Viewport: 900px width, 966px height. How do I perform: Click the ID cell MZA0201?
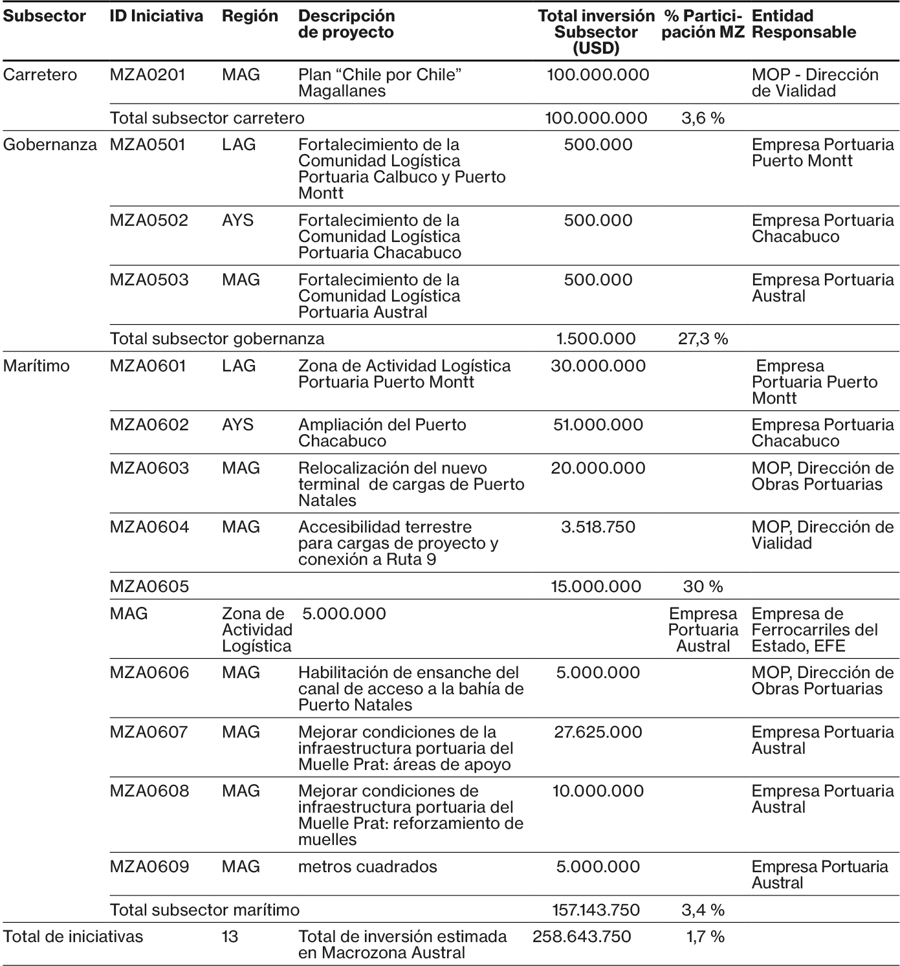[x=148, y=75]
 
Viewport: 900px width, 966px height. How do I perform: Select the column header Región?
[x=250, y=16]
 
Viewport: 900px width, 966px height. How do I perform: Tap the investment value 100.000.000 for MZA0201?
[x=598, y=75]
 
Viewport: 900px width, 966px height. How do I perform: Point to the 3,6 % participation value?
[x=703, y=118]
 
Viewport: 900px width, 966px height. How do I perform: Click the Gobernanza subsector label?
[x=50, y=145]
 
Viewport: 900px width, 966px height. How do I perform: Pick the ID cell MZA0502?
[x=149, y=221]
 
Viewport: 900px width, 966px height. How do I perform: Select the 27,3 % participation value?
[x=703, y=338]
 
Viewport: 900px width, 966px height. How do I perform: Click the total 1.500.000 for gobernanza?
[x=596, y=338]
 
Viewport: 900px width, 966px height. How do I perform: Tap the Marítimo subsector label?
[x=36, y=366]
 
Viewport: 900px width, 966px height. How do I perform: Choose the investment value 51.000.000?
[x=598, y=425]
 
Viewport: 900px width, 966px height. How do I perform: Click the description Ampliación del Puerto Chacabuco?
[x=382, y=433]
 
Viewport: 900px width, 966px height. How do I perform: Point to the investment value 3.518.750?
[x=598, y=527]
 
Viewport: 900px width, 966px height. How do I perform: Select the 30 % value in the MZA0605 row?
[x=703, y=587]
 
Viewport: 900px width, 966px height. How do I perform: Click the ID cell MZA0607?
[x=149, y=732]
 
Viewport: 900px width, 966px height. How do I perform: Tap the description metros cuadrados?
[x=368, y=867]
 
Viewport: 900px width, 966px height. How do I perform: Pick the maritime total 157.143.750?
[x=596, y=910]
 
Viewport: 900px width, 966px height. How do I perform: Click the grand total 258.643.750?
[x=582, y=937]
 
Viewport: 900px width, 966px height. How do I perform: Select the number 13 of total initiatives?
[x=230, y=937]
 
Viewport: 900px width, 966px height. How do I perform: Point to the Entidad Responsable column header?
[x=804, y=24]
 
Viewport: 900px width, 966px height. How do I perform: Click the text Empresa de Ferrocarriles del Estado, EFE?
[x=815, y=630]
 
